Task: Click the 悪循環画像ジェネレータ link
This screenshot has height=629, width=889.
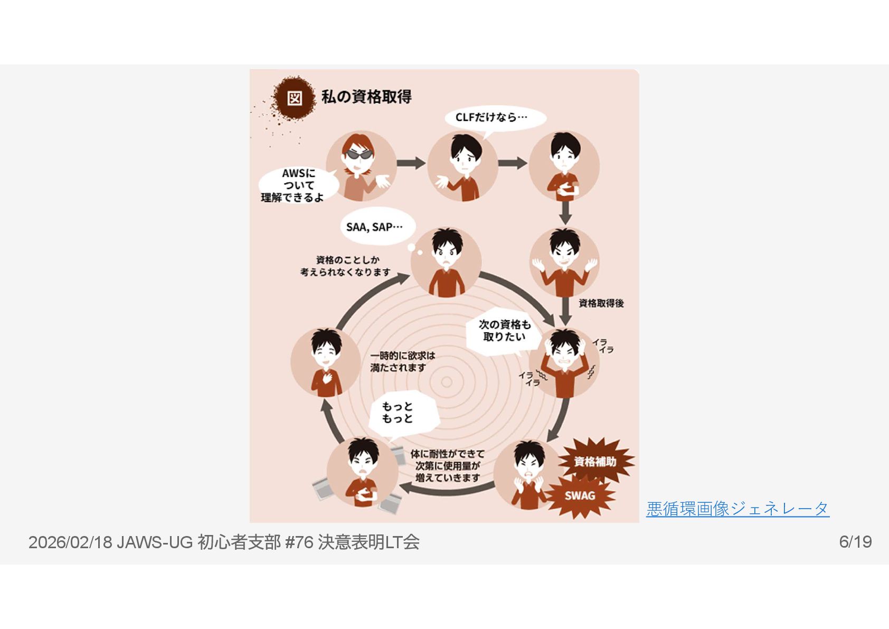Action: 737,509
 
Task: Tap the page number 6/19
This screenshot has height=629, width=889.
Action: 855,542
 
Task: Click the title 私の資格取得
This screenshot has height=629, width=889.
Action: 366,97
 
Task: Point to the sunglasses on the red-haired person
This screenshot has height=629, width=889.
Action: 359,154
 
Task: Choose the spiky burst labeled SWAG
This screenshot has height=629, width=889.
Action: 580,495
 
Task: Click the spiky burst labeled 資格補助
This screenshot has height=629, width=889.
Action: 595,461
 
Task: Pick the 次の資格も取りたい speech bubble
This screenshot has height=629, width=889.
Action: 504,331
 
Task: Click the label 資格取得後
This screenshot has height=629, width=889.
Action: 601,303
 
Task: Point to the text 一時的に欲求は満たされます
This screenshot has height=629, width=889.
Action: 402,362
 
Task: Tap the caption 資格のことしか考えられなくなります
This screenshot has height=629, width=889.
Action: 346,266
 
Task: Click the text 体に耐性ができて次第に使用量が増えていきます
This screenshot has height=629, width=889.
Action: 448,466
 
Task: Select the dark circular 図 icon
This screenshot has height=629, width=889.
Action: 294,98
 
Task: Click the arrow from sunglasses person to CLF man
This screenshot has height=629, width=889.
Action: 411,163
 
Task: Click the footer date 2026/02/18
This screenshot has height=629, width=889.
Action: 70,542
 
